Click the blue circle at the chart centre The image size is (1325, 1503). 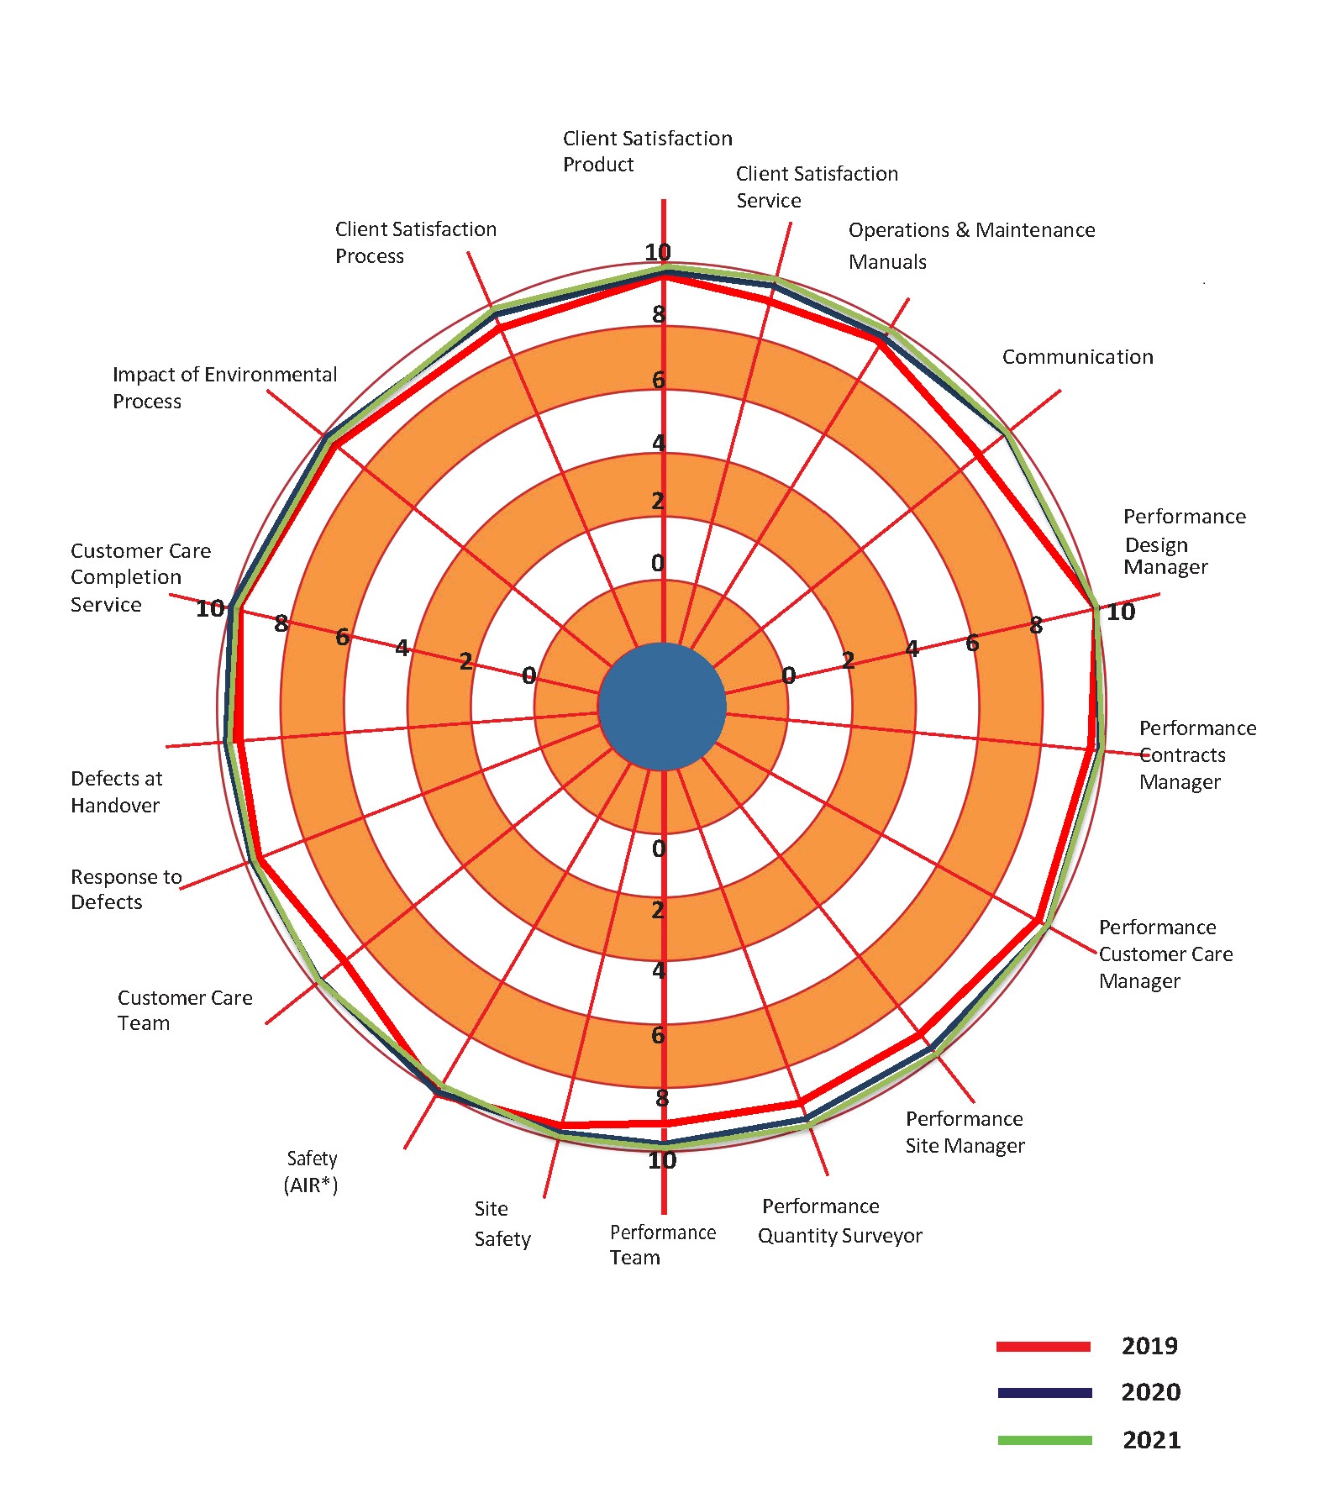[x=662, y=707]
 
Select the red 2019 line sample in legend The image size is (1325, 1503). [x=1043, y=1346]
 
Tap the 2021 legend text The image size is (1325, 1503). [x=1151, y=1440]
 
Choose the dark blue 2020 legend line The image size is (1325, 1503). [x=1044, y=1393]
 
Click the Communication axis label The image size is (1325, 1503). [x=1077, y=357]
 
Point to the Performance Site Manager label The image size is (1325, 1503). [x=965, y=1132]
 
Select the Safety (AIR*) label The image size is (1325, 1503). [x=311, y=1171]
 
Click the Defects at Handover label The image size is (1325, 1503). [x=116, y=791]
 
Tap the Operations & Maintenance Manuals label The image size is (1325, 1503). [x=970, y=244]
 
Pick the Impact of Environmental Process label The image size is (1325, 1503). [x=223, y=387]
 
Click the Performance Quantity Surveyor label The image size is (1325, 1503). [x=839, y=1221]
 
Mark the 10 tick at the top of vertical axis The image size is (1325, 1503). [x=658, y=251]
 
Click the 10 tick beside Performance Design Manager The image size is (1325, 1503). [x=1120, y=612]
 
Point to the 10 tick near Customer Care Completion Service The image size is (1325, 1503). [x=210, y=608]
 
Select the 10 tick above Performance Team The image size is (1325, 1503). [x=661, y=1160]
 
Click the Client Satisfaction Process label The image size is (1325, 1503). [x=415, y=242]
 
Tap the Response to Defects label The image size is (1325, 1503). [x=126, y=889]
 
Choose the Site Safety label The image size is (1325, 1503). [x=502, y=1223]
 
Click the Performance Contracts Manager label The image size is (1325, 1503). [x=1196, y=754]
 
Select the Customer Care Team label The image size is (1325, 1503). [x=184, y=1010]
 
